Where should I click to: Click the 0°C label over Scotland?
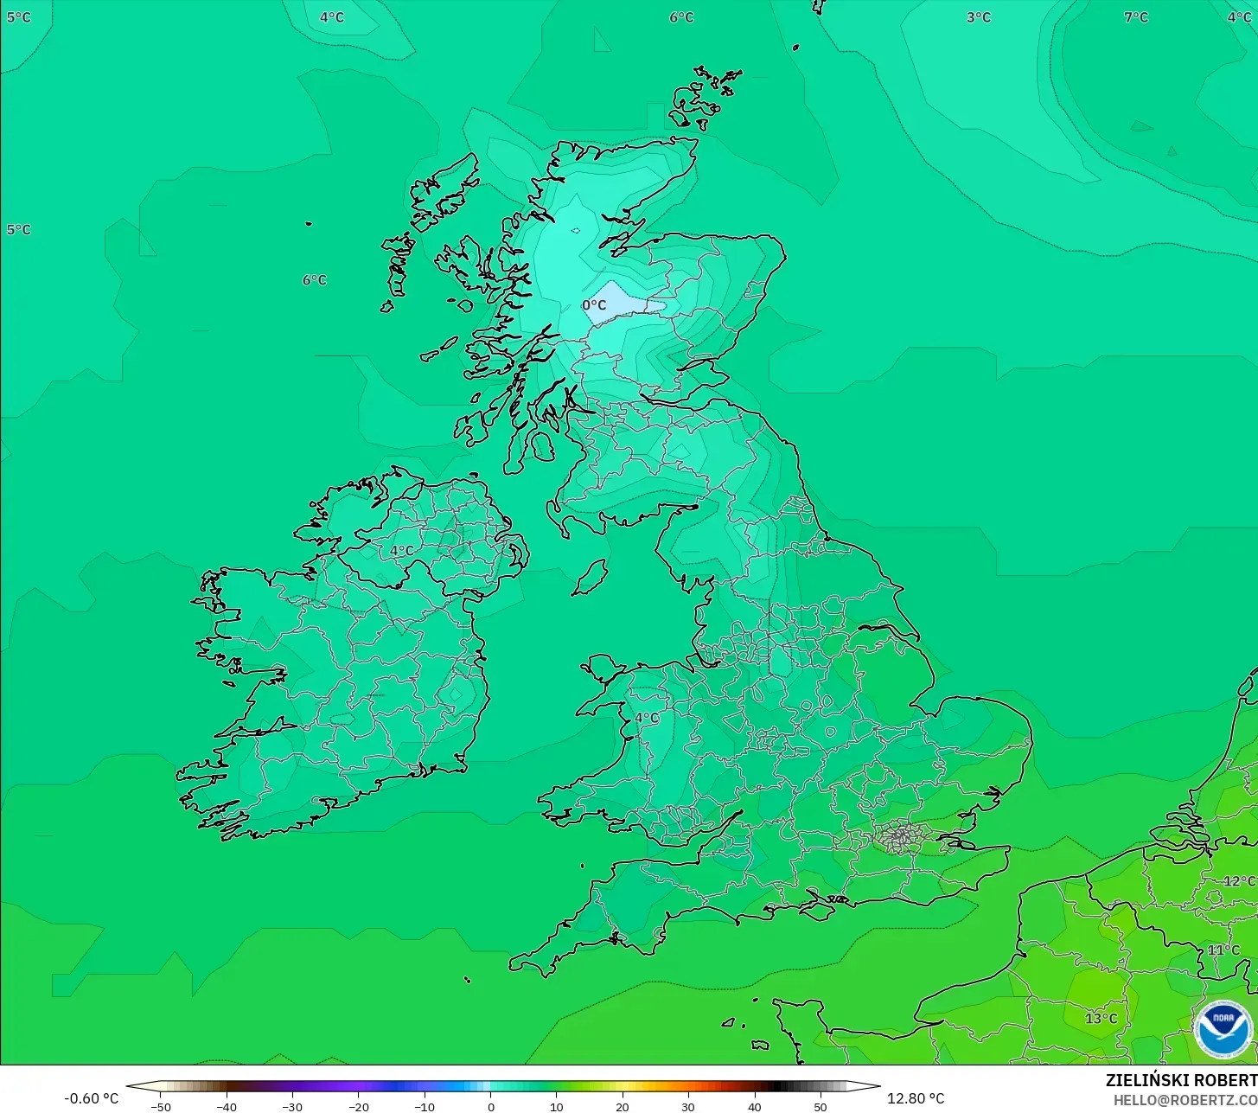coord(594,305)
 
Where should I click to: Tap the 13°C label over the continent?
coord(1101,1019)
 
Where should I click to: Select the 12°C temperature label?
coord(1239,881)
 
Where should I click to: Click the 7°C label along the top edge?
coord(1135,17)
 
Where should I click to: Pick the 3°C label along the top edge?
coord(978,17)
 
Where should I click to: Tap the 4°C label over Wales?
coord(647,718)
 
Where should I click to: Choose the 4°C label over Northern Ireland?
coord(401,550)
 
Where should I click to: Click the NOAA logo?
coord(1223,1028)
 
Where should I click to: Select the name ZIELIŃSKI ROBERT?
coord(1181,1080)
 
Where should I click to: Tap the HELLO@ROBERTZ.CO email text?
coord(1185,1100)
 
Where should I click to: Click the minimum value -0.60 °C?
coord(92,1098)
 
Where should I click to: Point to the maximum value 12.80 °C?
coord(916,1098)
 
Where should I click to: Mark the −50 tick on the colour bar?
coord(160,1107)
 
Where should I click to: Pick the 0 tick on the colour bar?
coord(490,1107)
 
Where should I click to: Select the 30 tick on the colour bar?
coord(688,1107)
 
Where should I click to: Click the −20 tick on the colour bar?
coord(358,1107)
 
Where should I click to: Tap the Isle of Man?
coord(591,578)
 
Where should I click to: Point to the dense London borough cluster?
coord(901,836)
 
